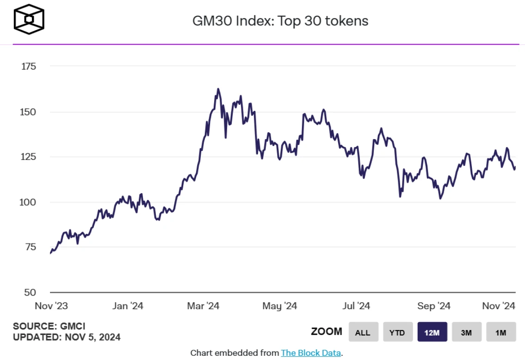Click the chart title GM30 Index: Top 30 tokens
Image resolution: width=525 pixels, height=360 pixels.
point(280,21)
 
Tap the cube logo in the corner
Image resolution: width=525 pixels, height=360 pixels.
point(29,19)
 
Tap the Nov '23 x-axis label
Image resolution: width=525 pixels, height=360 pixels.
point(51,306)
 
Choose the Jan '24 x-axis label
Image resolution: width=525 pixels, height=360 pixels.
point(128,306)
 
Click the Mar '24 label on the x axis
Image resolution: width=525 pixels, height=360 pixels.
point(204,306)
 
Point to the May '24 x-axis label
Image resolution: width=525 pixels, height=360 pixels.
point(280,306)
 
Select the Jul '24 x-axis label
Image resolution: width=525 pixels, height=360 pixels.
point(357,306)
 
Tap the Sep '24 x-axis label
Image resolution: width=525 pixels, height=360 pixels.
point(433,306)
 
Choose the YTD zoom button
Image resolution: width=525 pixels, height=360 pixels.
point(397,332)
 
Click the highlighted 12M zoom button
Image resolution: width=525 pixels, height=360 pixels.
point(432,332)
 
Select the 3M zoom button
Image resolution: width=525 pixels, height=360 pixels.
point(466,332)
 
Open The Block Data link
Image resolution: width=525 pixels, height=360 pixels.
point(311,353)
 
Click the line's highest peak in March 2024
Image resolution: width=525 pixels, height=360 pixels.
point(218,89)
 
